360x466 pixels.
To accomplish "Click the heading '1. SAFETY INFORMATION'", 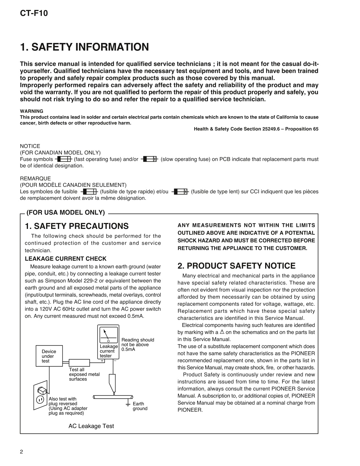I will click(x=84, y=47).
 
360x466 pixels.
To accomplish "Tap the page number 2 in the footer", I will click(x=21, y=452).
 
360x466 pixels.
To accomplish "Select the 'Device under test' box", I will click(x=49, y=356).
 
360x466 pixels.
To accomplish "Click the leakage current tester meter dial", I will click(x=108, y=335).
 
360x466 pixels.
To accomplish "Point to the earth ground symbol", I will click(x=128, y=404).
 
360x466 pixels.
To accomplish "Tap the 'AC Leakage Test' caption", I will click(x=91, y=426).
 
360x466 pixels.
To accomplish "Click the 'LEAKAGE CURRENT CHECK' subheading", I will click(x=66, y=259).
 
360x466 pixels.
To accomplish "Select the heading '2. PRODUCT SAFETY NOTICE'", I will click(x=236, y=266).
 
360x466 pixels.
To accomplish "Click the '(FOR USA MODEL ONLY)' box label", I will click(x=66, y=213).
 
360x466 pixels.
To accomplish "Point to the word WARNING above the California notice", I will click(x=32, y=111).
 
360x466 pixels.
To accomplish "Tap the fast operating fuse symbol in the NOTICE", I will click(x=64, y=159).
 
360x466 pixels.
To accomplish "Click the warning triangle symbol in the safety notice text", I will click(x=222, y=332).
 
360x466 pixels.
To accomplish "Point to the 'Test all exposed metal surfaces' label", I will click(x=84, y=374).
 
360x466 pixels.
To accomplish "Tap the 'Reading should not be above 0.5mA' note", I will click(x=138, y=344).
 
